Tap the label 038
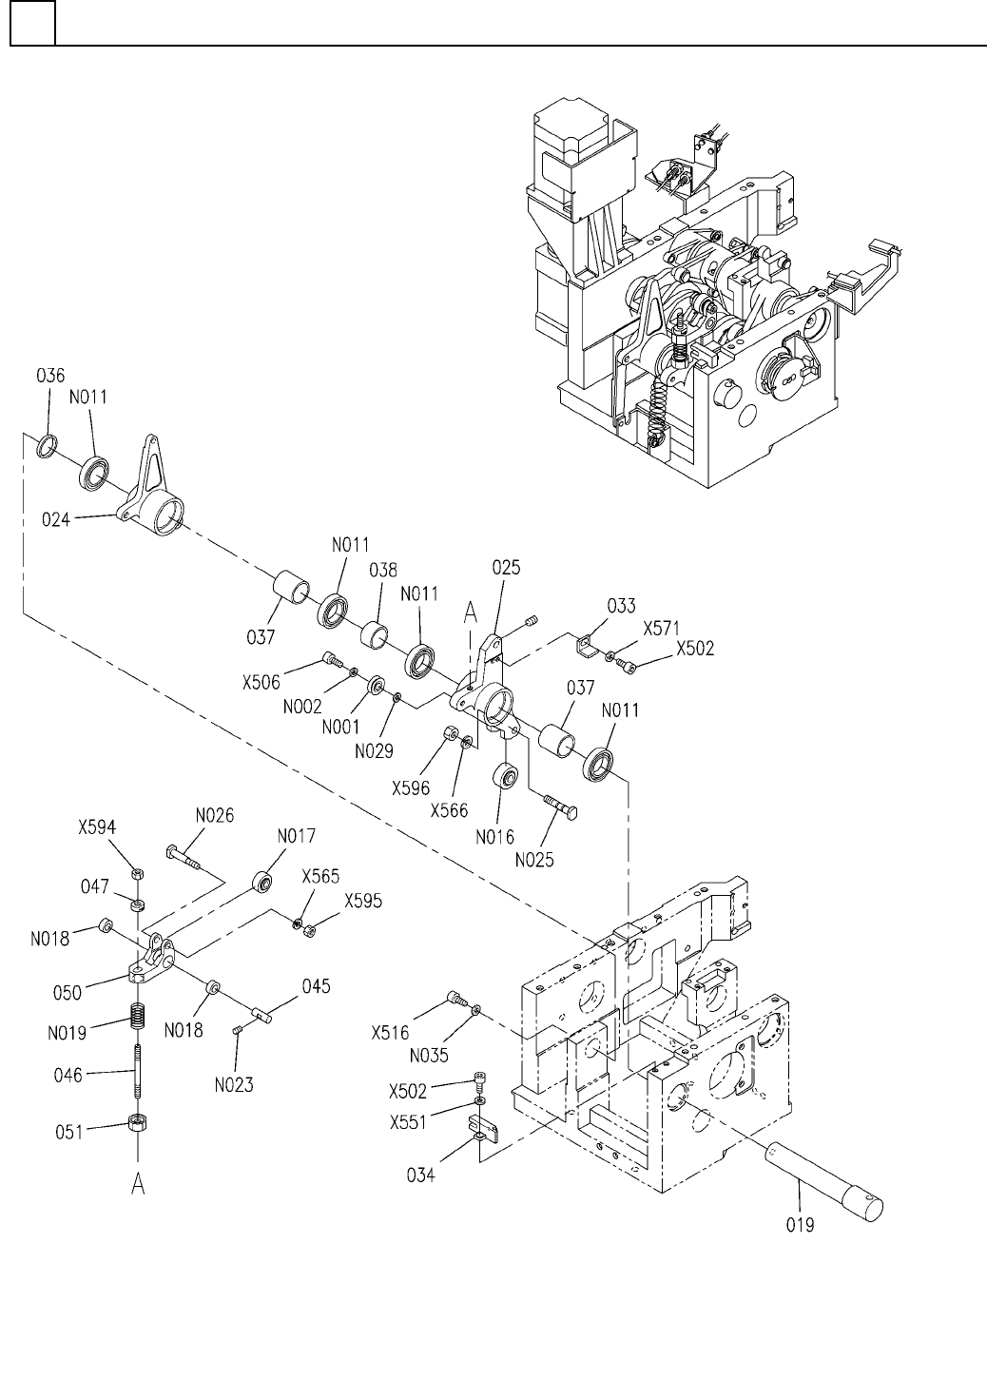383,571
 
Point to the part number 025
506,569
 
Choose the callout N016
496,837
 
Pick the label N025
535,861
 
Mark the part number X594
97,827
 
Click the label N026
214,815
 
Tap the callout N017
297,836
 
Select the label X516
390,1033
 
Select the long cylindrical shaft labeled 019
823,1178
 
